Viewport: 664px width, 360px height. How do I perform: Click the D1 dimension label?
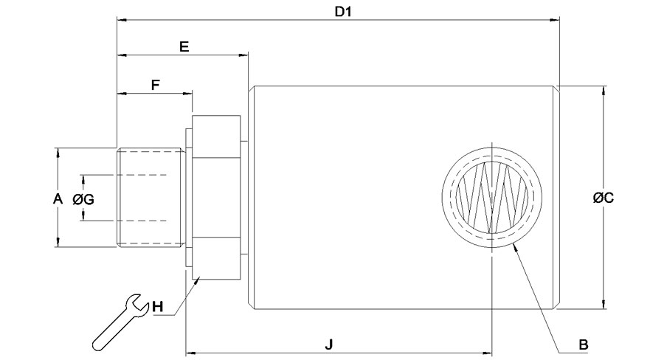(343, 12)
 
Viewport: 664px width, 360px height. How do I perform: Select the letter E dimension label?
(184, 46)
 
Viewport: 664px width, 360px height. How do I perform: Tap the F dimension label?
(156, 85)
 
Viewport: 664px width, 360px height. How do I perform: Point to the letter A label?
(58, 198)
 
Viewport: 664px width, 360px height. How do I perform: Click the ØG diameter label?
(83, 198)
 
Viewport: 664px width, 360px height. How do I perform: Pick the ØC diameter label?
(604, 198)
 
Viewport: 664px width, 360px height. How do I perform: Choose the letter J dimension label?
(328, 344)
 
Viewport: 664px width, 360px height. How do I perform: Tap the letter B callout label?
(584, 345)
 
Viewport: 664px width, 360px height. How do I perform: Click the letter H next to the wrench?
(158, 306)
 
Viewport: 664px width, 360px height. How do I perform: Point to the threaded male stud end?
(151, 197)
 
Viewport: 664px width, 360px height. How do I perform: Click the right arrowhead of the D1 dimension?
(555, 19)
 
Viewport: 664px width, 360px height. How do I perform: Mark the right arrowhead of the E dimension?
(243, 55)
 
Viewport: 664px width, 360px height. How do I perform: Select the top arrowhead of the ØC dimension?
(603, 91)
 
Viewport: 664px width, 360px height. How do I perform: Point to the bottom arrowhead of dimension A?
(58, 241)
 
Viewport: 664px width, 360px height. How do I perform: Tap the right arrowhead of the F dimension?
(187, 93)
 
